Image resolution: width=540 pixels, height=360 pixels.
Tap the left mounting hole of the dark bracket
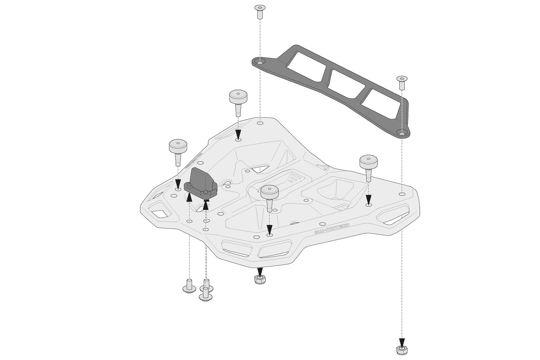tap(260, 62)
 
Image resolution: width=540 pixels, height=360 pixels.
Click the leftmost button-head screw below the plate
tap(189, 287)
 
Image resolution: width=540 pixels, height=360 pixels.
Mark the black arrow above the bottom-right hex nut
tap(402, 343)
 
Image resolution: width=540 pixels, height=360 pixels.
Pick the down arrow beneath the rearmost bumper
tap(238, 135)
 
